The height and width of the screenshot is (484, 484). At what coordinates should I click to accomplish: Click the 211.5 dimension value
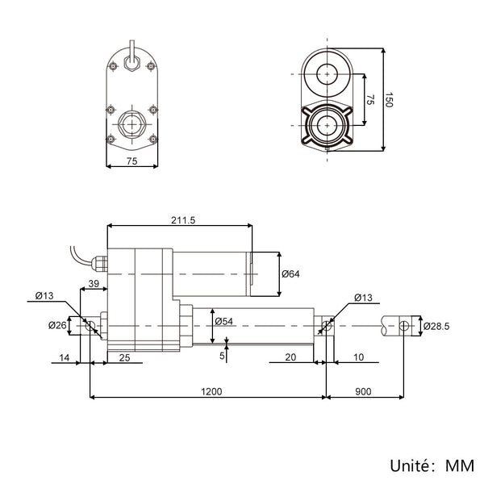point(183,220)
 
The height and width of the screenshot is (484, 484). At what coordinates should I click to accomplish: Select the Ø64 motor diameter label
point(290,273)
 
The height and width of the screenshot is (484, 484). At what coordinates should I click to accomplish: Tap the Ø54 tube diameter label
point(223,321)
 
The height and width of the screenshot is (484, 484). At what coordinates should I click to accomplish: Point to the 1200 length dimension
point(211,391)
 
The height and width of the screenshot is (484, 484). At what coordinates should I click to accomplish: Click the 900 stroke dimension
point(363,391)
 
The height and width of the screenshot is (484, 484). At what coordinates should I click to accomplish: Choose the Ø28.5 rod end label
point(436,326)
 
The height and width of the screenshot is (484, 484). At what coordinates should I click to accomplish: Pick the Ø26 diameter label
point(57,325)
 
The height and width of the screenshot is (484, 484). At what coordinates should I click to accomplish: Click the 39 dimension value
point(94,284)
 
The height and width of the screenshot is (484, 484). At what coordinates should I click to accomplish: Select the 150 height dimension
point(389,100)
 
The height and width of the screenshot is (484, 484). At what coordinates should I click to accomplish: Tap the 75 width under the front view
point(131,161)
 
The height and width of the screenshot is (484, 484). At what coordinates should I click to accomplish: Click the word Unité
point(410,465)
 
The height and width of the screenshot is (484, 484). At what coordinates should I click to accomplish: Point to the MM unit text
point(460,465)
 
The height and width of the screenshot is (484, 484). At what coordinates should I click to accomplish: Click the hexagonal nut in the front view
point(131,124)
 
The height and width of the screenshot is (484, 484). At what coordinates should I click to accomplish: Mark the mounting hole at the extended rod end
point(404,325)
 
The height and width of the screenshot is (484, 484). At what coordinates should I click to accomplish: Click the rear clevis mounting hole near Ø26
point(90,325)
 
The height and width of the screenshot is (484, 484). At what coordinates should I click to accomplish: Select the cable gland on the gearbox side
point(99,263)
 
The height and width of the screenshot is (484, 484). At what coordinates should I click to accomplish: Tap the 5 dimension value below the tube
point(222,356)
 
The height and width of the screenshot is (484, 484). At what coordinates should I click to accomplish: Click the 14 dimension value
point(65,357)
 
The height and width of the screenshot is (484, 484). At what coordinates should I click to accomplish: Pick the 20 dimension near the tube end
point(290,357)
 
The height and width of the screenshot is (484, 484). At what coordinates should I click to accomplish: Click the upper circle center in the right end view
point(328,74)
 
